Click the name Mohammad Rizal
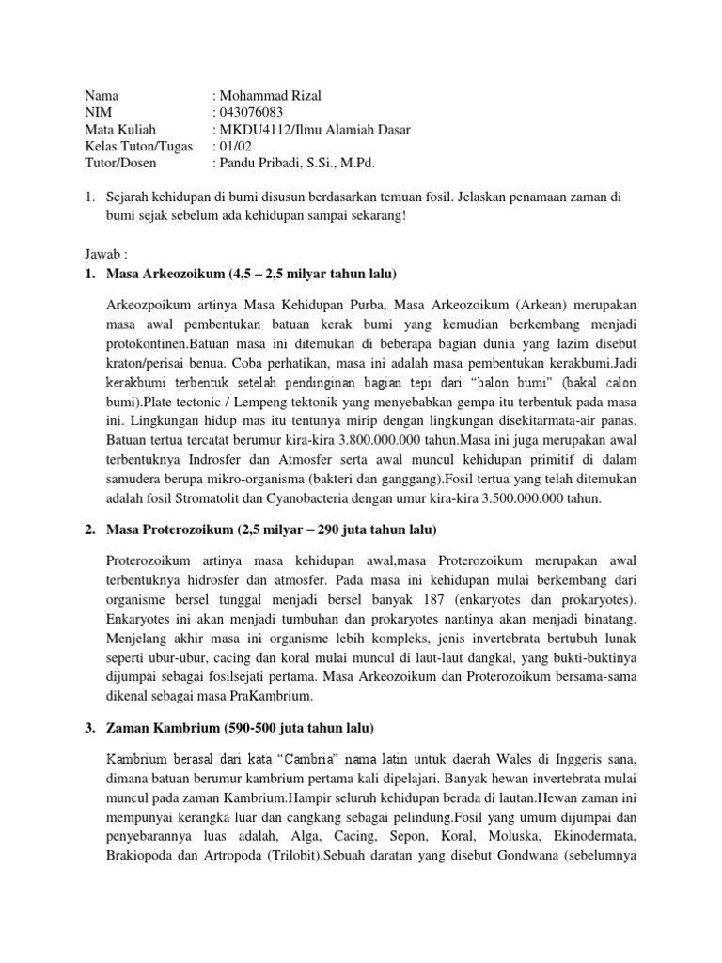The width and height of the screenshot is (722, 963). point(272,95)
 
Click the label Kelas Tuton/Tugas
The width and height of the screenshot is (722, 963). point(138,146)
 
